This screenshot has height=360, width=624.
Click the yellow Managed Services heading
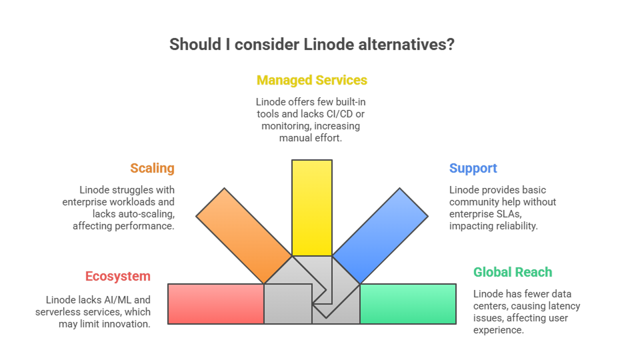point(312,81)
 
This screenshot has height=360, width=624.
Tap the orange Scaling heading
point(152,168)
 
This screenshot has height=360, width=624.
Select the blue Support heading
point(473,168)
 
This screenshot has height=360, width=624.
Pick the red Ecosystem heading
point(117,277)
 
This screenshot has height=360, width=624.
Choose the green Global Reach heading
point(512,272)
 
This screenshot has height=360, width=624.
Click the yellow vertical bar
point(312,207)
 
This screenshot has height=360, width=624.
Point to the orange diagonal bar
point(243,234)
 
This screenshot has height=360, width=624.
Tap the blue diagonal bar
point(381,234)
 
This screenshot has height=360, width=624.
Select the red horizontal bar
point(216,303)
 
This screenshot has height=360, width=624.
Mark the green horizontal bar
point(408,303)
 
